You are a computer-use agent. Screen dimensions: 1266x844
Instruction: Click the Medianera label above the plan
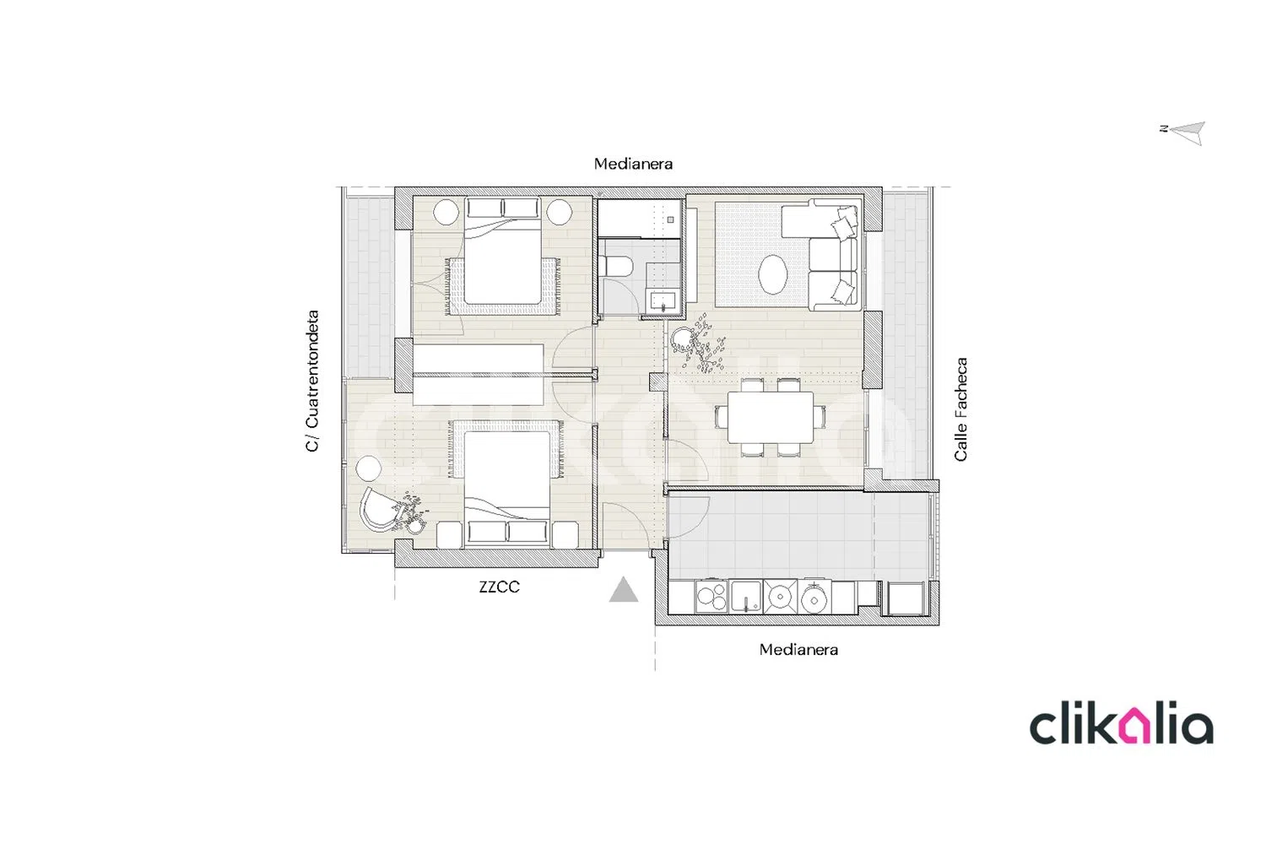click(x=633, y=164)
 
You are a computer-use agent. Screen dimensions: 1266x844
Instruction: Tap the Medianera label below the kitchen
click(x=798, y=650)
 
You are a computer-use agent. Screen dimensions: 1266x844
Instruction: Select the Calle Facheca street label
click(x=961, y=409)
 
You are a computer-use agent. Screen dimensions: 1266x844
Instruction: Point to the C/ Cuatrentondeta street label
click(x=312, y=381)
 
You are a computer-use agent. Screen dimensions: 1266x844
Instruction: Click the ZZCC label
click(x=499, y=587)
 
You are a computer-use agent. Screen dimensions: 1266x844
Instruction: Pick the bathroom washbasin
click(x=663, y=300)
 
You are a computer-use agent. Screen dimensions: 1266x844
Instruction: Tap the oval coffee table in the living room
click(x=772, y=275)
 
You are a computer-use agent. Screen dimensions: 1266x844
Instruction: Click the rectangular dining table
click(x=771, y=417)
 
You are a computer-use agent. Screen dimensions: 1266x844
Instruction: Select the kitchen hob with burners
click(x=711, y=597)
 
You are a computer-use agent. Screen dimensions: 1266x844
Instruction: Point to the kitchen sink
click(x=746, y=597)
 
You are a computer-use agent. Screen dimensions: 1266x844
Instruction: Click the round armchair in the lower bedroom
click(x=381, y=509)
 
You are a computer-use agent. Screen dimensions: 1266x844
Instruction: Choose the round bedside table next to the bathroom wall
click(x=559, y=212)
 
